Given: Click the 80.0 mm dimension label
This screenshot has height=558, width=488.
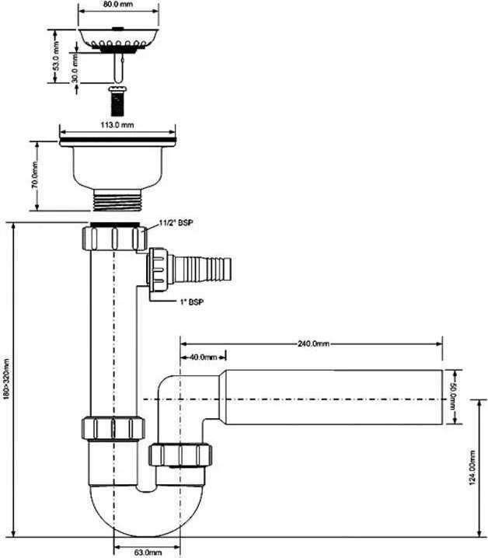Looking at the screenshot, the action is (119, 4).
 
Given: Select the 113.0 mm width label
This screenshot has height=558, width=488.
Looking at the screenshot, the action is (117, 124).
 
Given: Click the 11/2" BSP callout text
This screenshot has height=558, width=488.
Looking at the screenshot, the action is (176, 223).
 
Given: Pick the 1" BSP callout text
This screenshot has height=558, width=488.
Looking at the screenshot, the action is (192, 302).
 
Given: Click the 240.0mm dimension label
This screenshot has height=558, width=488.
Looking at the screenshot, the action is (313, 344).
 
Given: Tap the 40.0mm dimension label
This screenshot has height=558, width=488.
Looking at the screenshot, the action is (203, 357).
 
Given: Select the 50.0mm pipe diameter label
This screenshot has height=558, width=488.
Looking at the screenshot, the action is (453, 396).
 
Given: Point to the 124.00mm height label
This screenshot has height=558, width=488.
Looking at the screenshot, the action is (472, 467).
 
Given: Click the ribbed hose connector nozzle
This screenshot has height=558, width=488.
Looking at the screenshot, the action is (202, 269).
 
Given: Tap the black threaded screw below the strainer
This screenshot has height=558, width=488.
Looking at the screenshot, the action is (117, 101).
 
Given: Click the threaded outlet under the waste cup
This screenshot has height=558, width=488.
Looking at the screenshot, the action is (117, 200).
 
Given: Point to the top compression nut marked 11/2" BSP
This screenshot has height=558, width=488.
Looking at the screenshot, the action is (114, 237).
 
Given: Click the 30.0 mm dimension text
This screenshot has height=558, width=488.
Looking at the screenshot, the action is (75, 68).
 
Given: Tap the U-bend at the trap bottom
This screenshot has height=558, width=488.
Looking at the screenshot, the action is (147, 511).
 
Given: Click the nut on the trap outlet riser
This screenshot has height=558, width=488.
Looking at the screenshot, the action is (180, 454).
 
